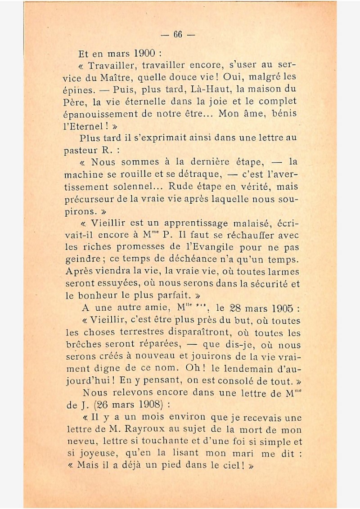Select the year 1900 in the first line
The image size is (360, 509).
144,54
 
